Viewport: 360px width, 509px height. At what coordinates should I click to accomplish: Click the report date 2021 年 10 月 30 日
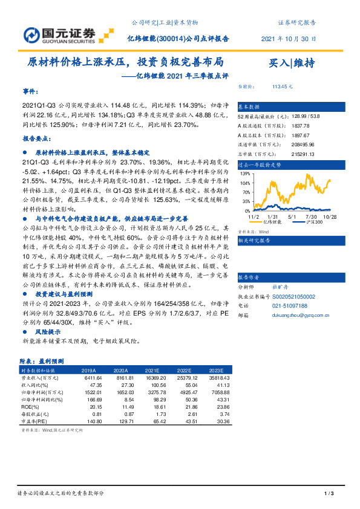click(288, 38)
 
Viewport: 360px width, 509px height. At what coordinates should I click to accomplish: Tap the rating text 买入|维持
click(292, 63)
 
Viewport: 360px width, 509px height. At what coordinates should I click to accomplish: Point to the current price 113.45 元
click(283, 86)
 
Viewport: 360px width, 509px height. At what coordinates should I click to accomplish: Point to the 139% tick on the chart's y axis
click(246, 173)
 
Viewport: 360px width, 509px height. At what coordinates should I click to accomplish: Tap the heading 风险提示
click(48, 332)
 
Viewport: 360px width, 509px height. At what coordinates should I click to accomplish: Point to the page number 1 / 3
click(330, 494)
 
